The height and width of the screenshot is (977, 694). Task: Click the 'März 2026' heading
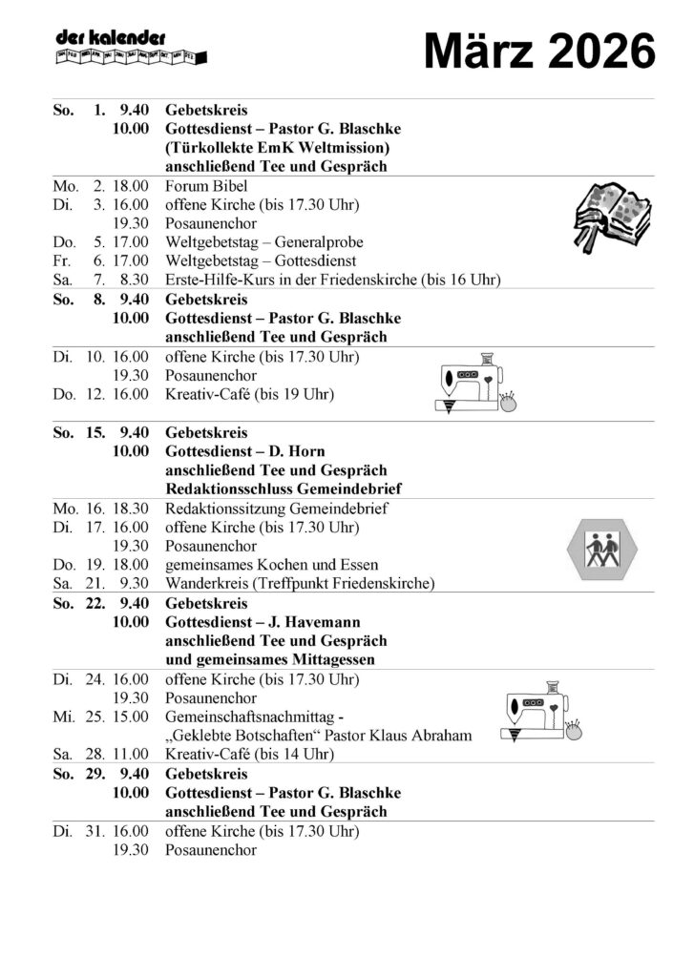539,50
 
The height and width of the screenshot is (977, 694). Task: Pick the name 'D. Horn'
305,451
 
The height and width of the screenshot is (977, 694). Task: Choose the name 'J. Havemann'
322,623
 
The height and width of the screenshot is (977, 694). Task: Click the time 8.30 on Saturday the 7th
134,280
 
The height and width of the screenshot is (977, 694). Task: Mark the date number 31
94,831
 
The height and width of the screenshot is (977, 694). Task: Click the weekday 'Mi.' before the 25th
64,717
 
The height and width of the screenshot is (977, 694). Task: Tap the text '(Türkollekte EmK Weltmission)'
277,148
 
